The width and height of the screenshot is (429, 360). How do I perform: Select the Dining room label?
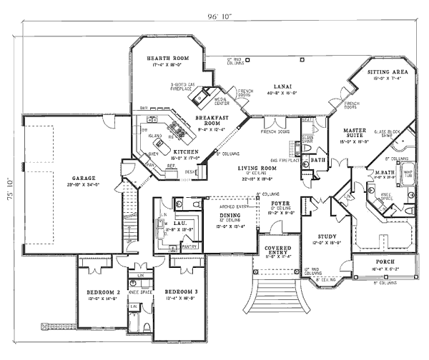tap(229, 216)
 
